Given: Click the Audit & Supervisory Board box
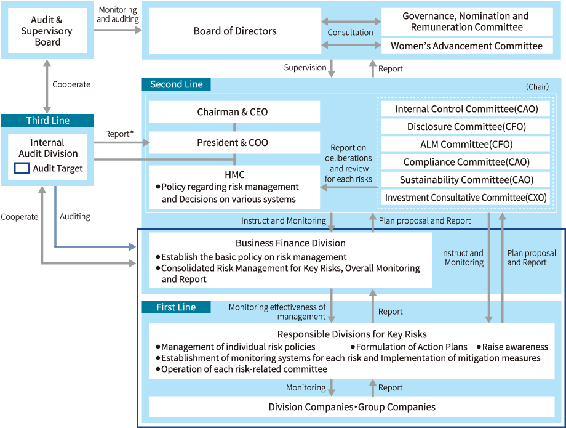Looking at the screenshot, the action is pos(47,31).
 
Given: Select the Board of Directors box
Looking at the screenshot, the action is pos(235,31).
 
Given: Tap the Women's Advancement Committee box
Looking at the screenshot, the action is pos(467,46).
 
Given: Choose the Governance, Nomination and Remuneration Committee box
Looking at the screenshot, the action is pos(467,22).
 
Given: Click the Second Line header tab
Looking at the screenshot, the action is pos(176,84).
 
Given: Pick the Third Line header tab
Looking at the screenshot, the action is pos(47,120).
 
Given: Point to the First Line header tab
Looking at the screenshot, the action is pos(176,307).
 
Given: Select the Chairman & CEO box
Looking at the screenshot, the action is pos(234,112).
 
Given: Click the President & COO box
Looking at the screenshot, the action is pos(234,143).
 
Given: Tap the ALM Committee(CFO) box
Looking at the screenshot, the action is pos(466,145).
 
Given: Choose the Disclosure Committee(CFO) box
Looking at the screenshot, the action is pos(466,127).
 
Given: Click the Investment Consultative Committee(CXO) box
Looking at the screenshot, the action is pos(466,198).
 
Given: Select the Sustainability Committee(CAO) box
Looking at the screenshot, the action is pos(466,180).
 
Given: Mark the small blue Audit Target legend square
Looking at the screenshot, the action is pos(22,168).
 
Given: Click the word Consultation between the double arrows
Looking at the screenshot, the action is pos(350,33).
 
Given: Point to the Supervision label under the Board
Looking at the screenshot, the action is pos(305,68).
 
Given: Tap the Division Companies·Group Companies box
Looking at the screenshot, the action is pos(352,406).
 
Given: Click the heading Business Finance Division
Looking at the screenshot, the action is pos(290,243).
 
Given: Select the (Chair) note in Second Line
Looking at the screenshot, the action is pos(537,87).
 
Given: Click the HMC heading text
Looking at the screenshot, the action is pos(234,175).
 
